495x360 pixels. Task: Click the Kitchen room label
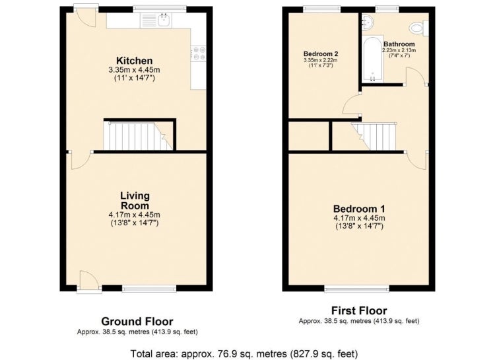pos(135,60)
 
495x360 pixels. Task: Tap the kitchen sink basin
pos(164,20)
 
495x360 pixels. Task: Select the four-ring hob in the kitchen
pos(199,53)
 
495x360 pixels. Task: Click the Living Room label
pos(135,201)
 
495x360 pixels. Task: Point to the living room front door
pos(89,280)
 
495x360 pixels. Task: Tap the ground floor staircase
pos(139,136)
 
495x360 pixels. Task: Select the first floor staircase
pos(375,137)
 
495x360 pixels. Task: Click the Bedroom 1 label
pos(359,209)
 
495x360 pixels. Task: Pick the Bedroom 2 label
pos(320,54)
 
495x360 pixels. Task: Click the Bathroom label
pos(399,44)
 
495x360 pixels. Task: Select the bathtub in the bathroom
pos(373,59)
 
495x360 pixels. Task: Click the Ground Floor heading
pos(137,322)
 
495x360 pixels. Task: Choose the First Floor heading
pos(359,310)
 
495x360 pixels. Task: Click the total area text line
pos(244,353)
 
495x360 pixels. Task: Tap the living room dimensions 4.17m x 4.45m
pos(135,215)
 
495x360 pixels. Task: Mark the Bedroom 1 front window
pos(357,288)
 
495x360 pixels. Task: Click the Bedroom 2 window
pos(322,9)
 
